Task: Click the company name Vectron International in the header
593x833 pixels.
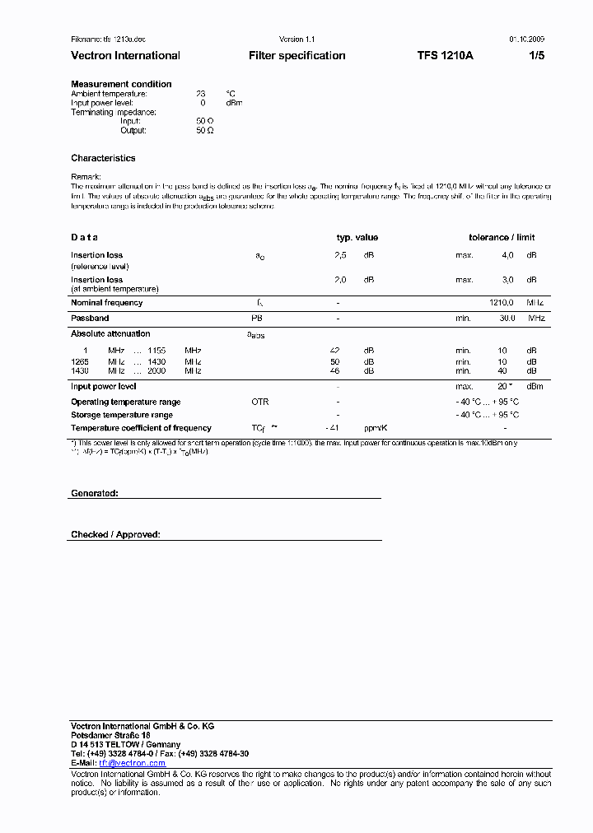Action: click(125, 56)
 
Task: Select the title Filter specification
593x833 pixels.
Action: click(296, 56)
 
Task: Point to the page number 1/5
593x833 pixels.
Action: click(535, 56)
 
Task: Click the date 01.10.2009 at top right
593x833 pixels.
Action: click(526, 40)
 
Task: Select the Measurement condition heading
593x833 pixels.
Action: click(121, 84)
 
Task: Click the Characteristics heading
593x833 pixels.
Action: click(103, 158)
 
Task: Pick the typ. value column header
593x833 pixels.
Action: click(357, 238)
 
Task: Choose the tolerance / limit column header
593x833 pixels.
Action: click(502, 238)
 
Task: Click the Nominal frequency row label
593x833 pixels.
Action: click(106, 303)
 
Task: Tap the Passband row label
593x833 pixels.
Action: click(90, 318)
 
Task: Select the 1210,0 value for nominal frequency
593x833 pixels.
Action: click(502, 303)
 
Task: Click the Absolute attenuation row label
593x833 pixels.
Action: click(110, 334)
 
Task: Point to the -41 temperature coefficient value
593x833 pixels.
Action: click(332, 428)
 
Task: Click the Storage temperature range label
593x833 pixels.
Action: click(122, 415)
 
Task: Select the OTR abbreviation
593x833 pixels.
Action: click(259, 402)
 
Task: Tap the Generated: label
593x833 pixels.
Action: click(95, 493)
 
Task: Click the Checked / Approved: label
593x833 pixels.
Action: click(115, 534)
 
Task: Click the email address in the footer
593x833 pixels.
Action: click(132, 763)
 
